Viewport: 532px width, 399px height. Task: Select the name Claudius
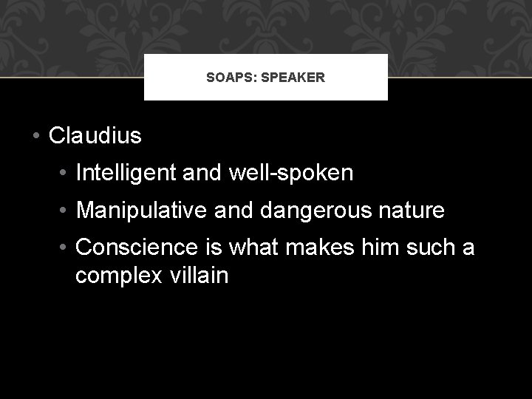(95, 136)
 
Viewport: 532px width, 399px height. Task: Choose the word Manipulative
(137, 211)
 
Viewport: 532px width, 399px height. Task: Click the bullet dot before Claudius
(35, 137)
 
